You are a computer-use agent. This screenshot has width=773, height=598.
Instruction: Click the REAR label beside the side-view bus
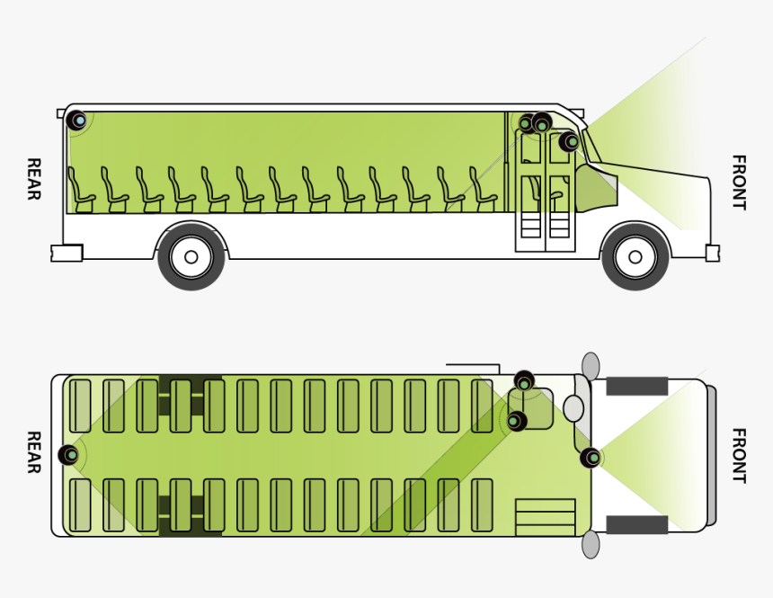point(33,179)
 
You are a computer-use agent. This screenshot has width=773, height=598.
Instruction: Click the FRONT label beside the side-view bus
point(738,183)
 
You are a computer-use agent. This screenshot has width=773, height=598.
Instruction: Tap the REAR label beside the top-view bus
point(33,451)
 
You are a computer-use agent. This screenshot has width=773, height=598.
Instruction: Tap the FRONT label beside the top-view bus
point(738,455)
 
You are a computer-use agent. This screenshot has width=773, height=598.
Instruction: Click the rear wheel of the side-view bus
point(191,257)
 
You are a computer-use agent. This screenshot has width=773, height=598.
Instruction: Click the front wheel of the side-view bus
point(635,257)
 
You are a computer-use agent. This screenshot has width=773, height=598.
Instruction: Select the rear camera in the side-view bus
point(77,120)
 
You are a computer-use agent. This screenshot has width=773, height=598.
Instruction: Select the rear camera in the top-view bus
point(69,455)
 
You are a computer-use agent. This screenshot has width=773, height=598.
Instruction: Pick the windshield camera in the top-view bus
point(591,458)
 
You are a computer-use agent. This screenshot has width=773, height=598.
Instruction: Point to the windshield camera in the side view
point(569,141)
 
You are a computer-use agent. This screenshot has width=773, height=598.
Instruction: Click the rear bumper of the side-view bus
point(67,253)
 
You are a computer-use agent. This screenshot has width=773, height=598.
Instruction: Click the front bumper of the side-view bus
point(712,253)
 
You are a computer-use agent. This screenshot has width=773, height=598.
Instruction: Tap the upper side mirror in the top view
point(591,365)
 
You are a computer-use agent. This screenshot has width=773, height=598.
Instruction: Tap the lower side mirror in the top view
point(591,544)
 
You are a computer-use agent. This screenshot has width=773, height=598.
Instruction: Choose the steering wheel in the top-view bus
point(573,408)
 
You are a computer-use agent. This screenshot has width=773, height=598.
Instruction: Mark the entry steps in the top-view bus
point(545,517)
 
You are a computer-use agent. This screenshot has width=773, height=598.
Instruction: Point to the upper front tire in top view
point(636,387)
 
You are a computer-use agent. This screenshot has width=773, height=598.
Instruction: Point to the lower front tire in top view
point(636,524)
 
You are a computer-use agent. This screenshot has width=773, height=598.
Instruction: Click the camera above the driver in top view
point(525,382)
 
